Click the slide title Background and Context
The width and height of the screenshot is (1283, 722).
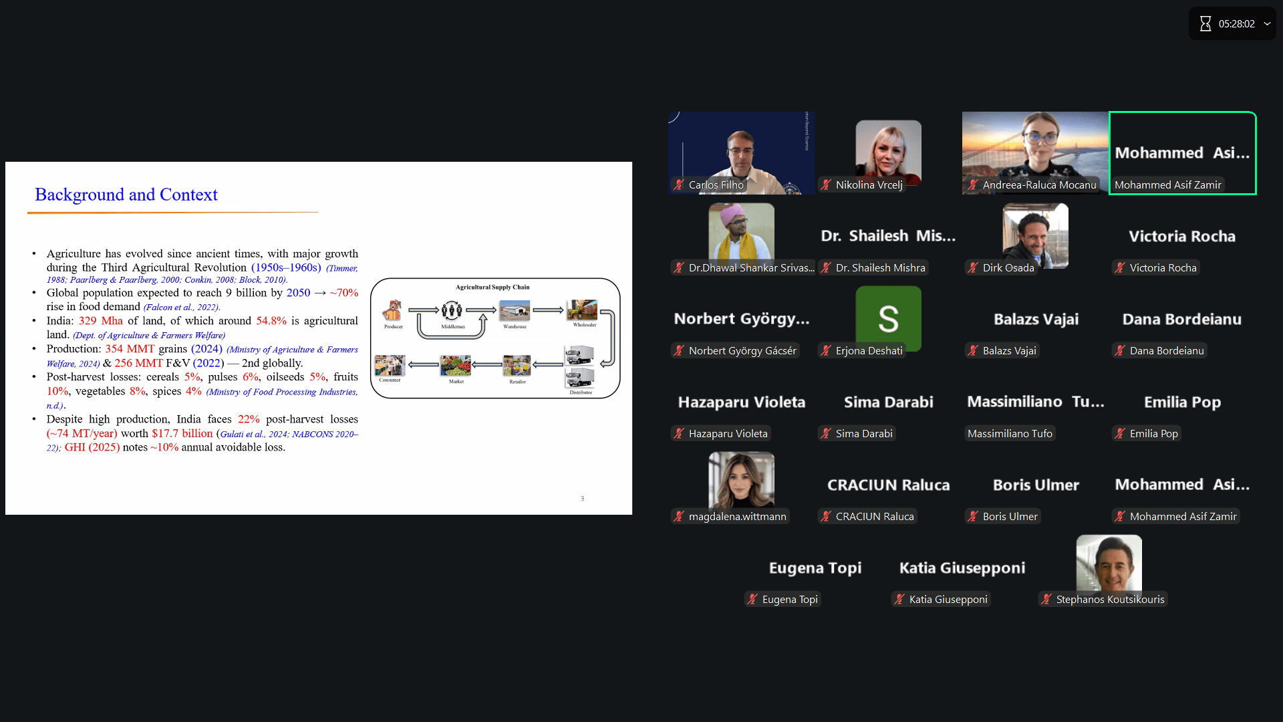pyautogui.click(x=126, y=195)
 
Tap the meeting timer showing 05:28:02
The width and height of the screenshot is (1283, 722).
pyautogui.click(x=1236, y=24)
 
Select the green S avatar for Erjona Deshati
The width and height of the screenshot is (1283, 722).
pyautogui.click(x=888, y=318)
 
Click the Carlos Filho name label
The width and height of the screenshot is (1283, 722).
pyautogui.click(x=716, y=185)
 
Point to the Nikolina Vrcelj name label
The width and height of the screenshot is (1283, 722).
pyautogui.click(x=869, y=185)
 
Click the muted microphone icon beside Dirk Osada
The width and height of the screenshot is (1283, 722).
pyautogui.click(x=973, y=268)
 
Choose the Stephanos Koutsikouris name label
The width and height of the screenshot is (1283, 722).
pyautogui.click(x=1110, y=600)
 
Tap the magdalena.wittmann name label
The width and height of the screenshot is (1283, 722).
pyautogui.click(x=737, y=517)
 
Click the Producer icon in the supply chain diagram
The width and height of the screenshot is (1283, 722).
pyautogui.click(x=392, y=310)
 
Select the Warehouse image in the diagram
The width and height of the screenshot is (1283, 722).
pyautogui.click(x=515, y=311)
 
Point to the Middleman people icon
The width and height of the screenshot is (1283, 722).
pyautogui.click(x=452, y=310)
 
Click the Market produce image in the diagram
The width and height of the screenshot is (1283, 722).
pyautogui.click(x=456, y=366)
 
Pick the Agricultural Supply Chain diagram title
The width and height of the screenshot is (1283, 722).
pyautogui.click(x=492, y=287)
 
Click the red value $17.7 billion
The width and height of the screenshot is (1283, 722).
pyautogui.click(x=182, y=433)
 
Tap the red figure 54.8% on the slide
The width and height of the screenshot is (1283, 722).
pyautogui.click(x=271, y=321)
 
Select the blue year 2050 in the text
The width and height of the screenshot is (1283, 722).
pyautogui.click(x=298, y=293)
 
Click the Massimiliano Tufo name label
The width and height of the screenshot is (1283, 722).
pyautogui.click(x=1010, y=434)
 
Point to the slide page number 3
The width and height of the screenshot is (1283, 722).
pyautogui.click(x=582, y=499)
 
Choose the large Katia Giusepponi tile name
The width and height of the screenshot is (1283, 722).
pyautogui.click(x=962, y=568)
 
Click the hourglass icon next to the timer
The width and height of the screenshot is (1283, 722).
pyautogui.click(x=1205, y=24)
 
